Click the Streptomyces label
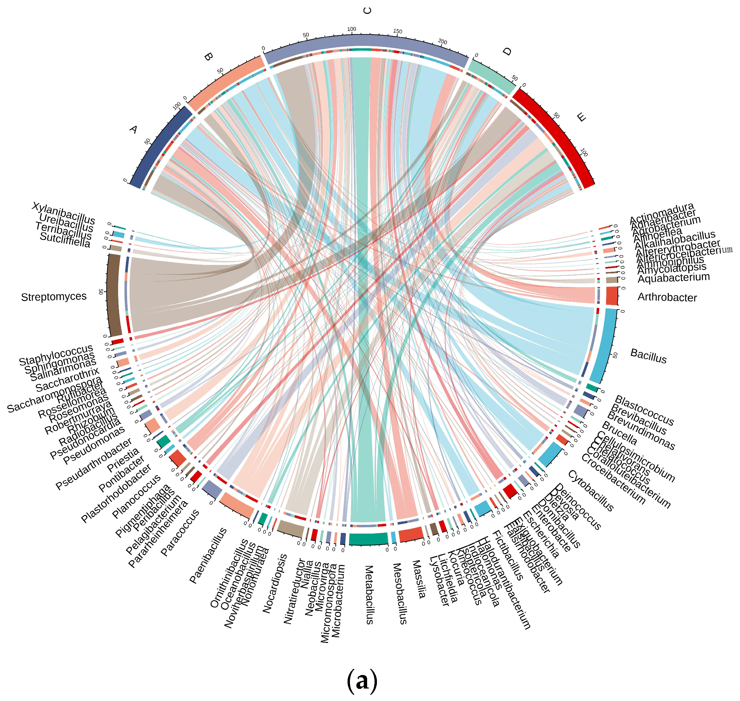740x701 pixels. pos(54,297)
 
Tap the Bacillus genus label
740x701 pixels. pos(648,356)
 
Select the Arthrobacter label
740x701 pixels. pos(667,297)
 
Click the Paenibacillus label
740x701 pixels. pos(208,555)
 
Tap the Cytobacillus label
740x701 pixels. pos(591,491)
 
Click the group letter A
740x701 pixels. pos(133,130)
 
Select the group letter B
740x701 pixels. pos(208,57)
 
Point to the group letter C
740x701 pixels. pos(367,11)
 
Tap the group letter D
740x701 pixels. pos(507,51)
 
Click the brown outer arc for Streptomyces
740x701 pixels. pos(113,295)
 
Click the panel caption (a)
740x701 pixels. pos(362,681)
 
